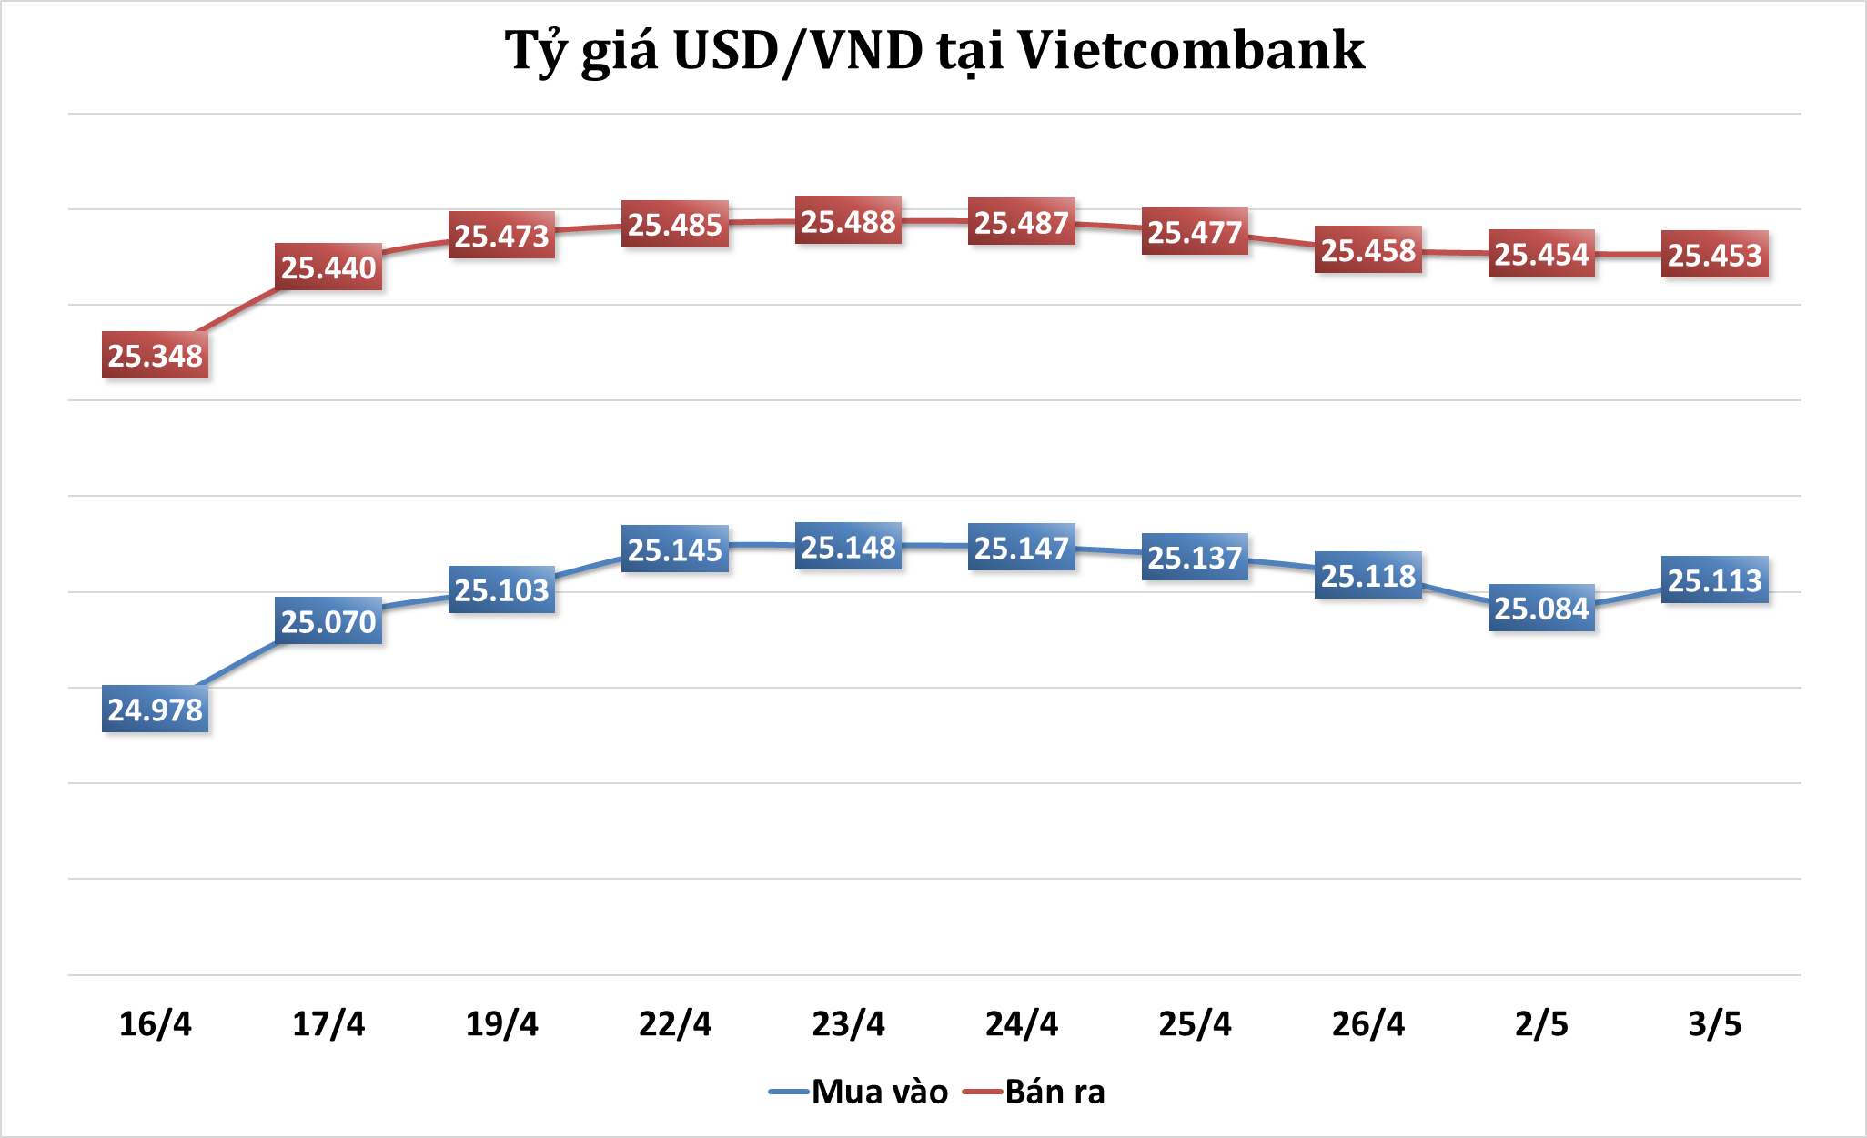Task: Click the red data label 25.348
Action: pyautogui.click(x=155, y=356)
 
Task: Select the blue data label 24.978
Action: pyautogui.click(x=155, y=710)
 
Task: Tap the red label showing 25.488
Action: pyautogui.click(x=848, y=221)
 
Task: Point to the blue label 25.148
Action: pyautogui.click(x=848, y=547)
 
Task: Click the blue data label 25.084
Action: pyautogui.click(x=1541, y=608)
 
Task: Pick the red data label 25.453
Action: pyautogui.click(x=1714, y=255)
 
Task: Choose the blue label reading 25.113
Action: pyautogui.click(x=1714, y=579)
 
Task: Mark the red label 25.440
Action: pyautogui.click(x=328, y=267)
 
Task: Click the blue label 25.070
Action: pyautogui.click(x=328, y=622)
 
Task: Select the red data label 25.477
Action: pyautogui.click(x=1195, y=232)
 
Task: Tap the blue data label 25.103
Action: pyautogui.click(x=501, y=590)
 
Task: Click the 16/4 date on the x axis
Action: pyautogui.click(x=156, y=1024)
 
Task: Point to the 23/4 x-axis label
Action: pyautogui.click(x=848, y=1024)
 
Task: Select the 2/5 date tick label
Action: pyautogui.click(x=1541, y=1024)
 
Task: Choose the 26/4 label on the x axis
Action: pyautogui.click(x=1367, y=1024)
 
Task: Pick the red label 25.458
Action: pyautogui.click(x=1367, y=250)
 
